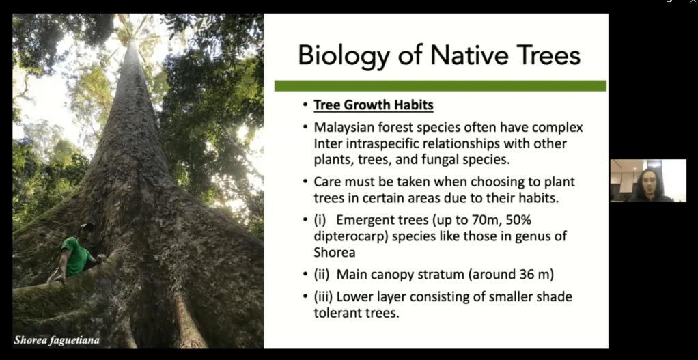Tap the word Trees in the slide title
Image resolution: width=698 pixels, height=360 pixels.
(546, 55)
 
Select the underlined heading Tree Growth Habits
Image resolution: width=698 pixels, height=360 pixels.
(374, 105)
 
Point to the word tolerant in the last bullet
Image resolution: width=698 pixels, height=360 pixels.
(337, 313)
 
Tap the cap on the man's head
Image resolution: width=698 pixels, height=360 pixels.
(86, 227)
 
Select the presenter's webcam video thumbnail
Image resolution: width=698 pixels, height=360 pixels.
(647, 180)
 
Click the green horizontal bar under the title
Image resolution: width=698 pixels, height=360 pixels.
(440, 85)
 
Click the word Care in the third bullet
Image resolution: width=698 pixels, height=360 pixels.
(328, 182)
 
